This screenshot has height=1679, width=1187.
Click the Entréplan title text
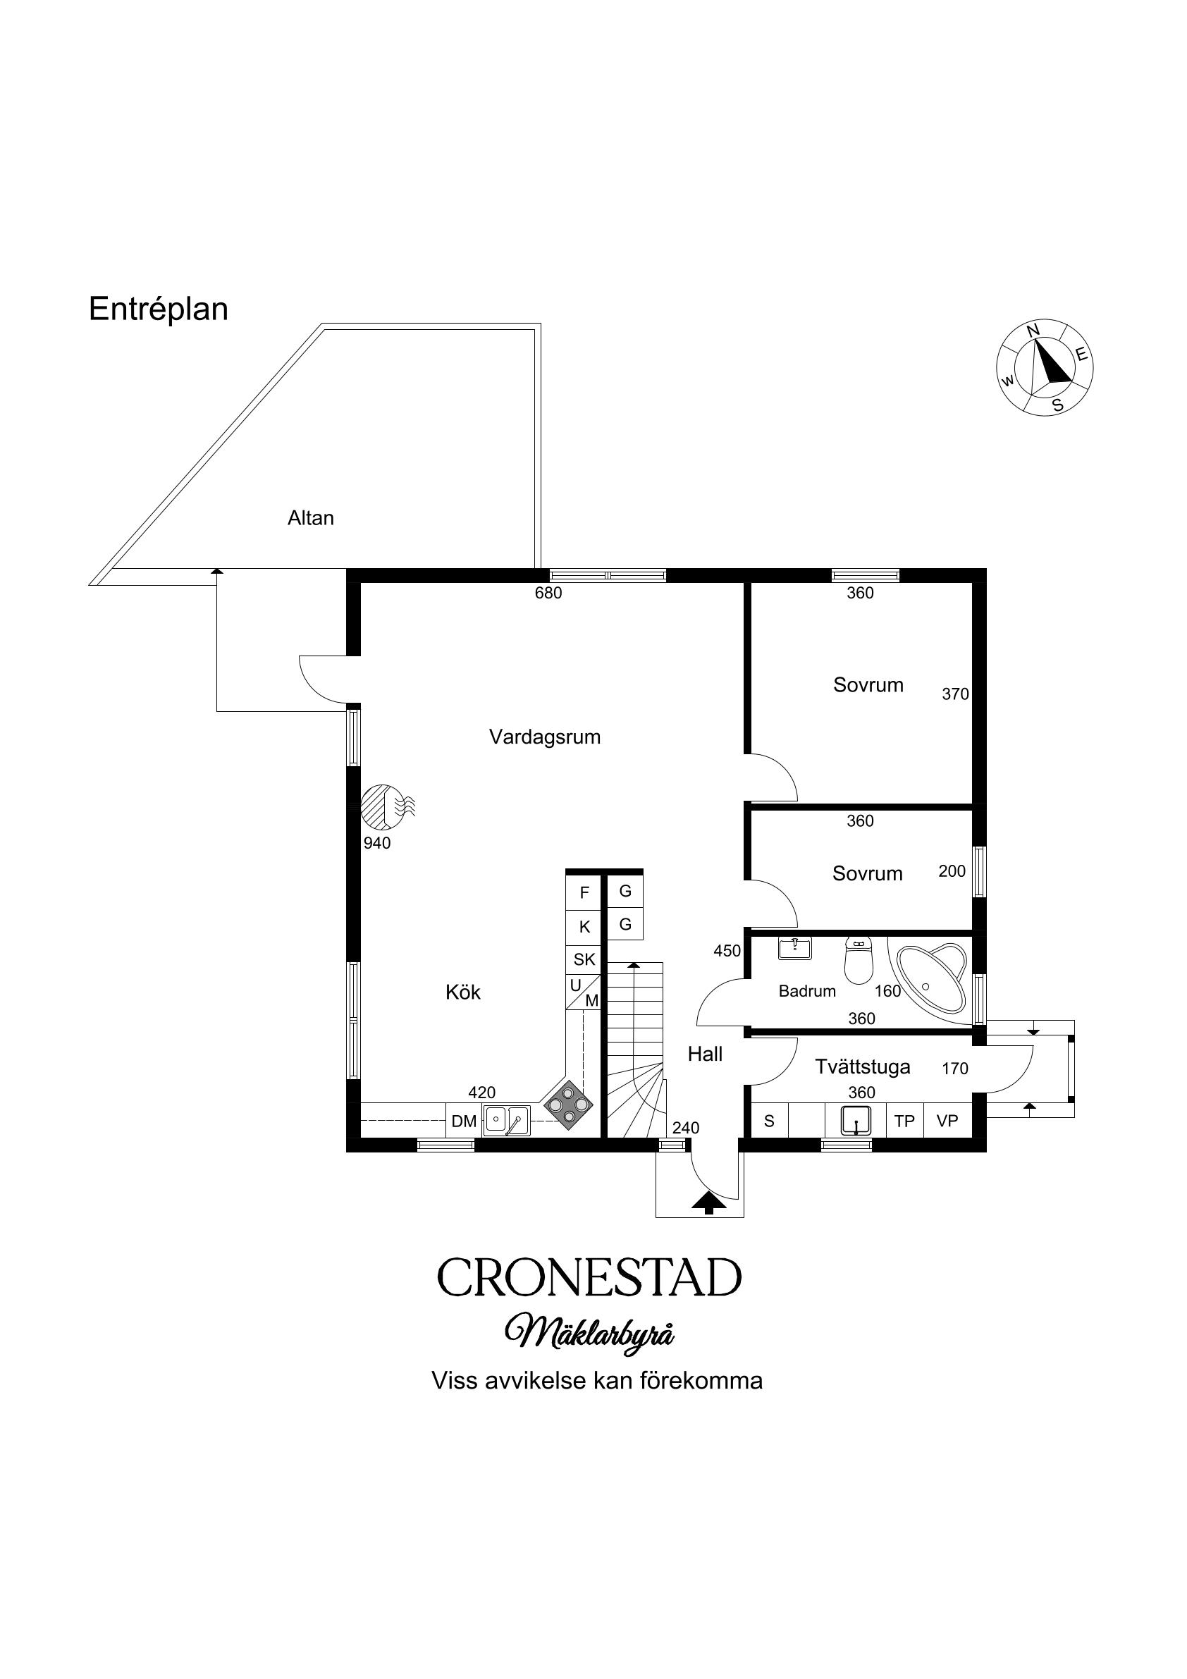tap(158, 309)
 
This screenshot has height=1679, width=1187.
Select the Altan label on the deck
tap(311, 518)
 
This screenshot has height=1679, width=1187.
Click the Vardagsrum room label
tap(545, 737)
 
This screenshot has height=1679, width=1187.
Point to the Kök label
tap(463, 992)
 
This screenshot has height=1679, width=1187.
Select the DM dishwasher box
tap(464, 1121)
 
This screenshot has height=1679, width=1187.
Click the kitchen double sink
tap(506, 1120)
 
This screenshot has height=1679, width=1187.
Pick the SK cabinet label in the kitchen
tap(584, 959)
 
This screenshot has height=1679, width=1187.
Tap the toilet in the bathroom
tap(859, 960)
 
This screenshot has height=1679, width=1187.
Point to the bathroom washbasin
tap(794, 949)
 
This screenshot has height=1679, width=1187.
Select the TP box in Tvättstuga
tap(904, 1121)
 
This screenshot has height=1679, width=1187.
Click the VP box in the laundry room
tap(947, 1121)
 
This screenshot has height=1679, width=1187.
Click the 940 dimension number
tap(377, 843)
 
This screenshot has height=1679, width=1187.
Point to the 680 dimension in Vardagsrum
tap(548, 593)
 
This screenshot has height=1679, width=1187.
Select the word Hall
tap(705, 1054)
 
